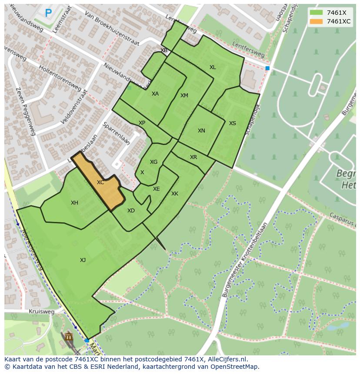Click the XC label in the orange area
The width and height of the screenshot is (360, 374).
[100, 182]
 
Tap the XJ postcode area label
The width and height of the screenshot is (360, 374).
[83, 260]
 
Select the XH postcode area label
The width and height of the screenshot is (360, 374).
[74, 203]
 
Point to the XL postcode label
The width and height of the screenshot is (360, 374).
[213, 67]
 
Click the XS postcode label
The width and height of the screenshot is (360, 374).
[233, 123]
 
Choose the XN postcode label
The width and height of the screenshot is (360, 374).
[201, 131]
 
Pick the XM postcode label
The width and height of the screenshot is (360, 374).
[184, 96]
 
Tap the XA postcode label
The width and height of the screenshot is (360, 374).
[155, 94]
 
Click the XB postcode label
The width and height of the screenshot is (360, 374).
[164, 50]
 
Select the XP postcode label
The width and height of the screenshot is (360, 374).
[142, 123]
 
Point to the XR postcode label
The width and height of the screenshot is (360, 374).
[193, 157]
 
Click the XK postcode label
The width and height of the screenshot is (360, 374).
[175, 194]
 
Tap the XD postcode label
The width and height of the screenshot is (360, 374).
[131, 211]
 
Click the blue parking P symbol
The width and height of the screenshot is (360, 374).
[48, 13]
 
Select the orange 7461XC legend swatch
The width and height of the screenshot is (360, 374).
[317, 21]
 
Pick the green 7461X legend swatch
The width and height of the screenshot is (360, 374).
[317, 13]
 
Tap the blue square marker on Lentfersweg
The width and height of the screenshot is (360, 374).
[267, 68]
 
